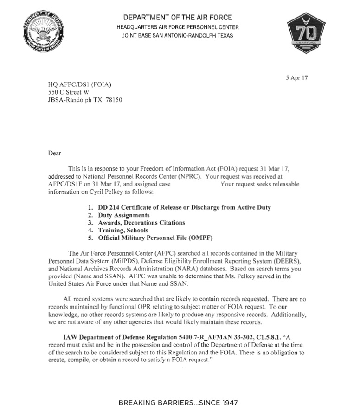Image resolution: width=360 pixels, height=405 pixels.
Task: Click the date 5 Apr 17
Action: [297, 78]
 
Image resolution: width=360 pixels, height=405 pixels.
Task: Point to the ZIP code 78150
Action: [113, 100]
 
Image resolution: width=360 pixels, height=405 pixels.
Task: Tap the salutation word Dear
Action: [55, 153]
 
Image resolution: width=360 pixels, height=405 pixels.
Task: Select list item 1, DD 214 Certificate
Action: [184, 207]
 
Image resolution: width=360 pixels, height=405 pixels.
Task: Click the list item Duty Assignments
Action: [123, 215]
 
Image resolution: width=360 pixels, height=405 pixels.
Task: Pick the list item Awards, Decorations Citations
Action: [141, 223]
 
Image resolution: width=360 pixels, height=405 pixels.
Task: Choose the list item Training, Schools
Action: [123, 230]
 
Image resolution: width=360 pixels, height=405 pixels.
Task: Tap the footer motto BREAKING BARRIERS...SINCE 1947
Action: [179, 390]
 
